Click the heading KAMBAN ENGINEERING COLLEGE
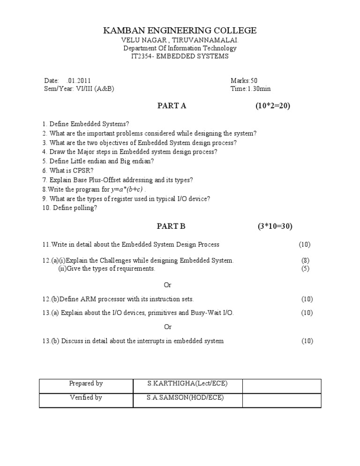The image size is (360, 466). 180,31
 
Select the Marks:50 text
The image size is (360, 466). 244,81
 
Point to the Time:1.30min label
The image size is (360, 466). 250,89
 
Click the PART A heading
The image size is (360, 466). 171,106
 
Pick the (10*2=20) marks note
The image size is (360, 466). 273,106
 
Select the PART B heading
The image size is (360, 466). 171,226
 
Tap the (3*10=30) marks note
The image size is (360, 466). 275,226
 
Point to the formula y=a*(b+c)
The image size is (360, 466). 127,189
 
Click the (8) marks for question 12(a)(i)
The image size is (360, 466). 305,260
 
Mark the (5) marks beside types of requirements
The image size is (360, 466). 305,269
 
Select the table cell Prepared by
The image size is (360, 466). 86,383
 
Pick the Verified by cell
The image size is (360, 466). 86,398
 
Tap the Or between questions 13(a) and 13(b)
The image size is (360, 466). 167,327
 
